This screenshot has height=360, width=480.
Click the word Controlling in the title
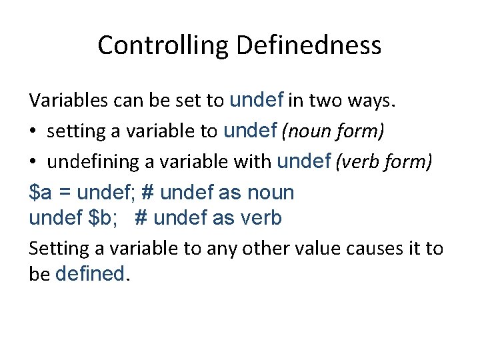tap(163, 45)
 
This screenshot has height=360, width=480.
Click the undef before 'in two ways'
tap(257, 100)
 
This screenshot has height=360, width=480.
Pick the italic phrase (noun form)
tap(333, 131)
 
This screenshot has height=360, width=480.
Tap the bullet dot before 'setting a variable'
tap(33, 131)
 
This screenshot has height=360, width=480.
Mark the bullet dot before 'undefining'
tap(33, 161)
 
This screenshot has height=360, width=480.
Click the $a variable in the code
tap(40, 193)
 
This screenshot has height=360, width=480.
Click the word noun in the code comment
tap(270, 193)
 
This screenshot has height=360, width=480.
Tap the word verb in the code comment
tap(260, 217)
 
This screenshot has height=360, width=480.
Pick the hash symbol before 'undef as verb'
tap(141, 217)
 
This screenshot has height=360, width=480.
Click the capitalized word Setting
tap(54, 249)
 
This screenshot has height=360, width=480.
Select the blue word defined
tap(90, 273)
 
